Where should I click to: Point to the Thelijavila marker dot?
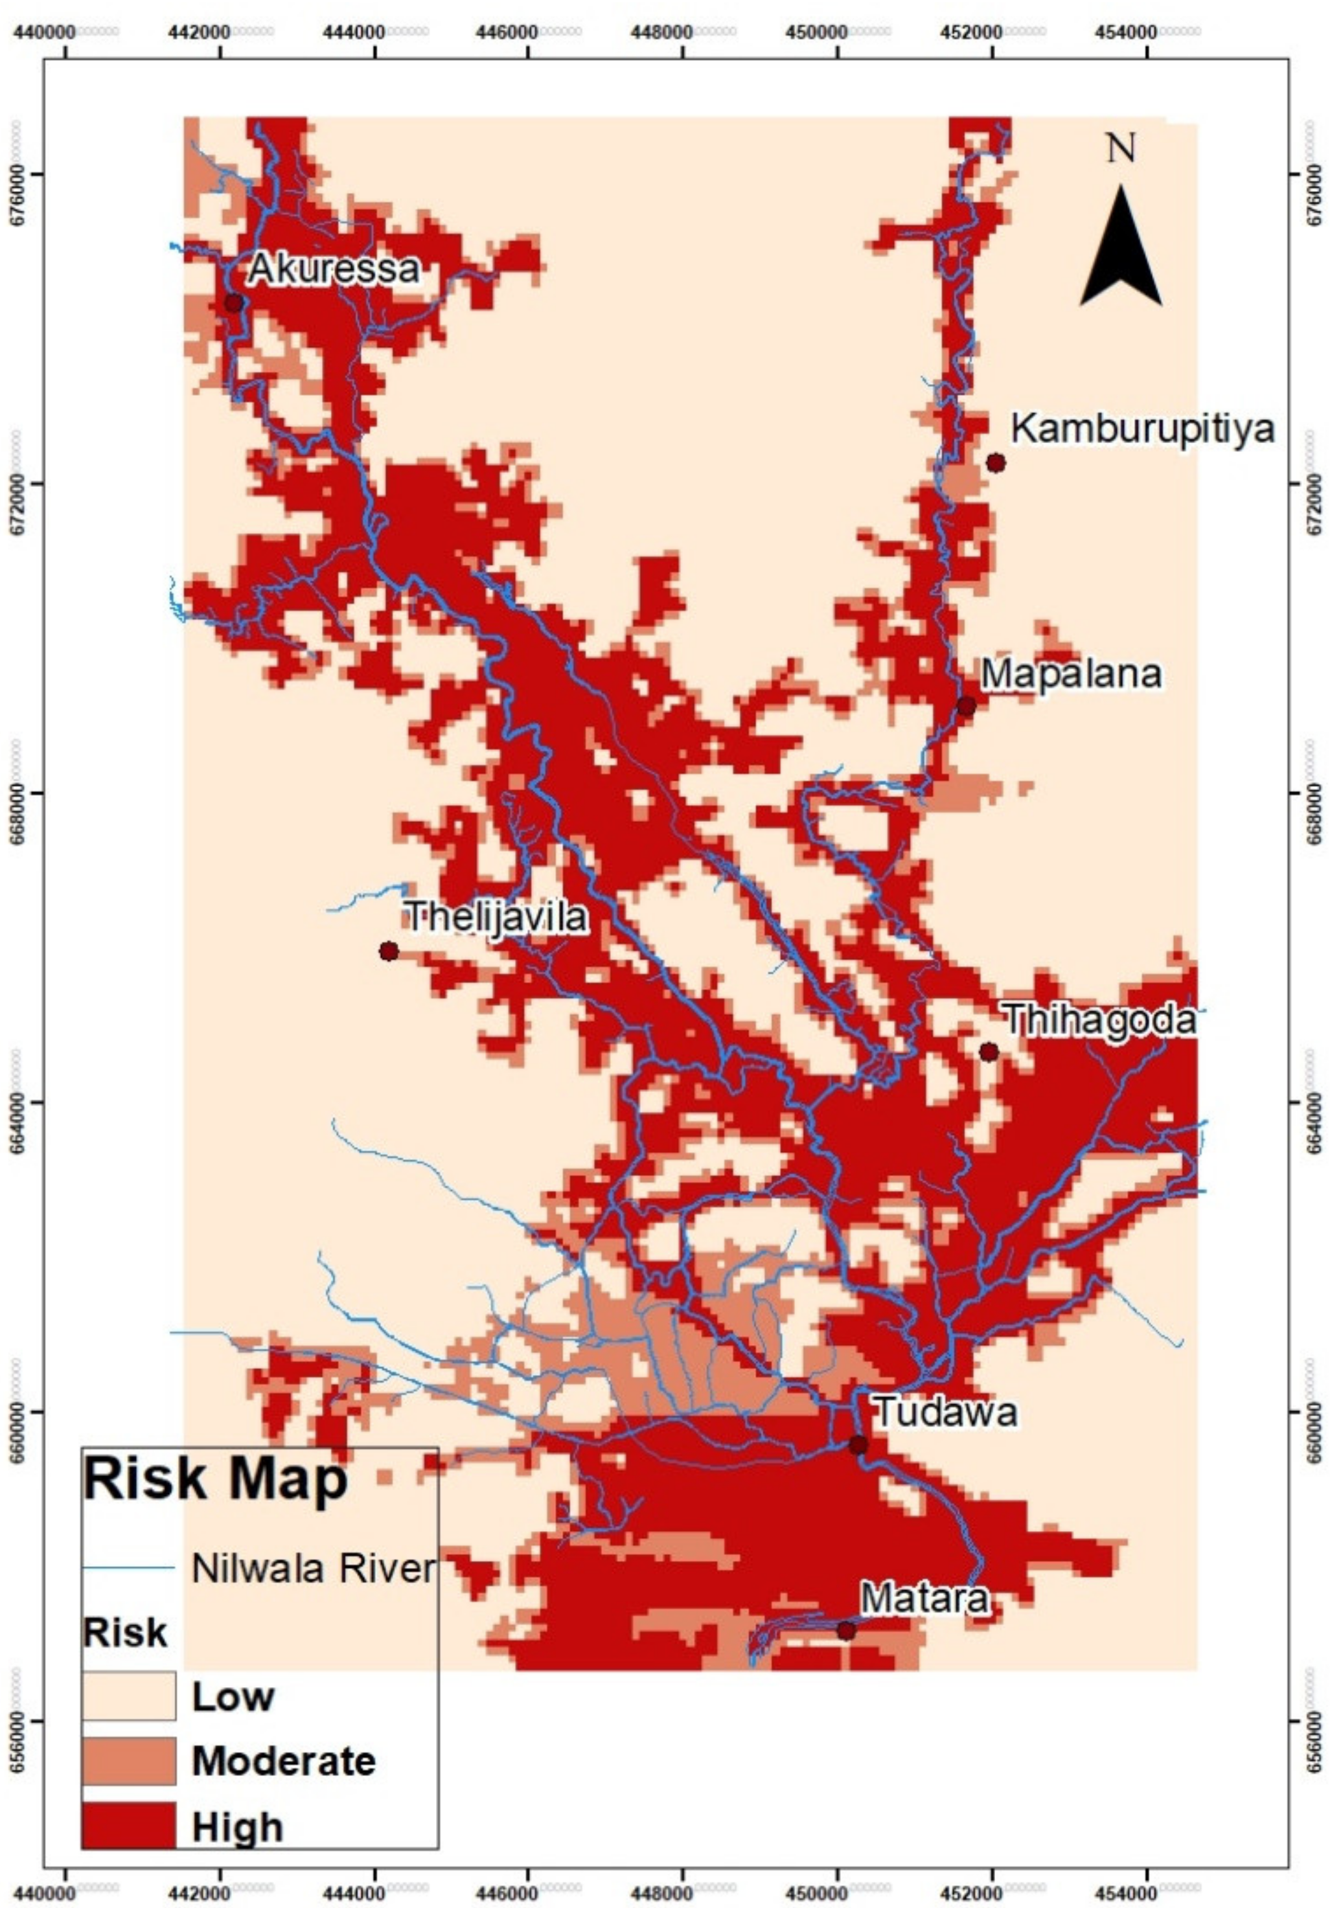point(388,951)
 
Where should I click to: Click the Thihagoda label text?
point(1101,1019)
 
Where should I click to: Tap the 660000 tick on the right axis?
point(1313,1412)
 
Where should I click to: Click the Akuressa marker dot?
point(234,302)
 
